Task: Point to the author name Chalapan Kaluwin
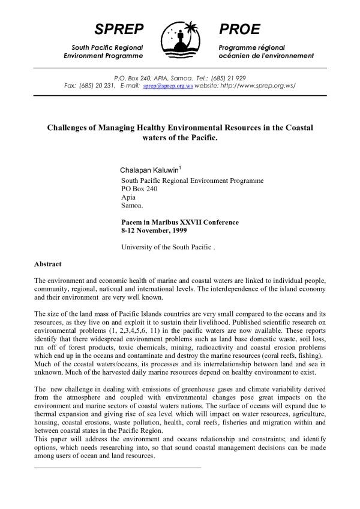coord(146,170)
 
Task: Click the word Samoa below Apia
coord(132,205)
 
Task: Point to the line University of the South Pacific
coord(167,247)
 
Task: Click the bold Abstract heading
coord(48,264)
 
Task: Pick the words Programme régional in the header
coord(251,47)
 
